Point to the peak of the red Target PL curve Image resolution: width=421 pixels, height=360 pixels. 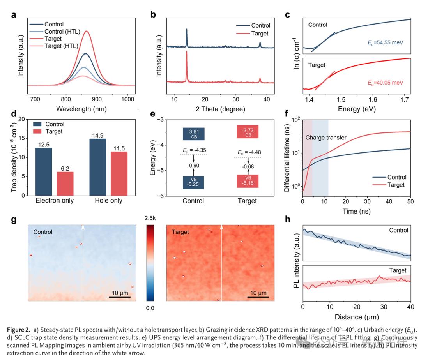click(87, 31)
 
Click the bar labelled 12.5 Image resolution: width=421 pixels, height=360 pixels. click(44, 171)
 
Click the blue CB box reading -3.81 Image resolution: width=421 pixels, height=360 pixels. click(194, 134)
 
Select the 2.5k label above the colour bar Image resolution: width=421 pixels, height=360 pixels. click(150, 219)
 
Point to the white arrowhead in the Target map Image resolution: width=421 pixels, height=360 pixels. click(222, 226)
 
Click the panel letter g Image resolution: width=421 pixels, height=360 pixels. click(14, 219)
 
